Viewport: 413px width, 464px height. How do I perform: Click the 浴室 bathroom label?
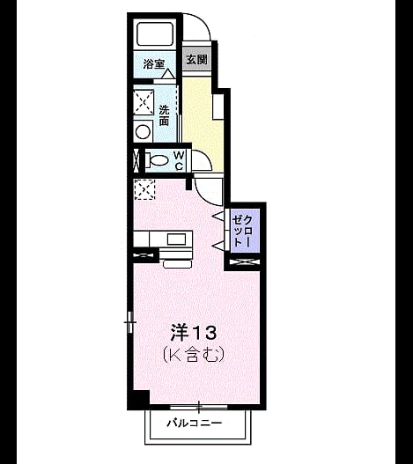click(x=153, y=63)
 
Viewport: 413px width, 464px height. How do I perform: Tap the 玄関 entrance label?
click(x=196, y=60)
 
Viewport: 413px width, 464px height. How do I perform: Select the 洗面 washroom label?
click(x=164, y=115)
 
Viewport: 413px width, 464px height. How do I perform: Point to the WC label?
click(x=179, y=161)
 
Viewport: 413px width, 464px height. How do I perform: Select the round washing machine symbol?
click(x=143, y=132)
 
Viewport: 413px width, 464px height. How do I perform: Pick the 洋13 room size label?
click(x=194, y=332)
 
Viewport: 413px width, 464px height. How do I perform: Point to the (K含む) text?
click(x=193, y=354)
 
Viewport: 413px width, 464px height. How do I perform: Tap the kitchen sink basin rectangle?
click(x=176, y=239)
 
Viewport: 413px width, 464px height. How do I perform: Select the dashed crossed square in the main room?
click(x=144, y=189)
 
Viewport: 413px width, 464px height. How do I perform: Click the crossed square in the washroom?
click(x=144, y=102)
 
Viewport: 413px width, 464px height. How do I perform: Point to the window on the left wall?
click(x=129, y=322)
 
